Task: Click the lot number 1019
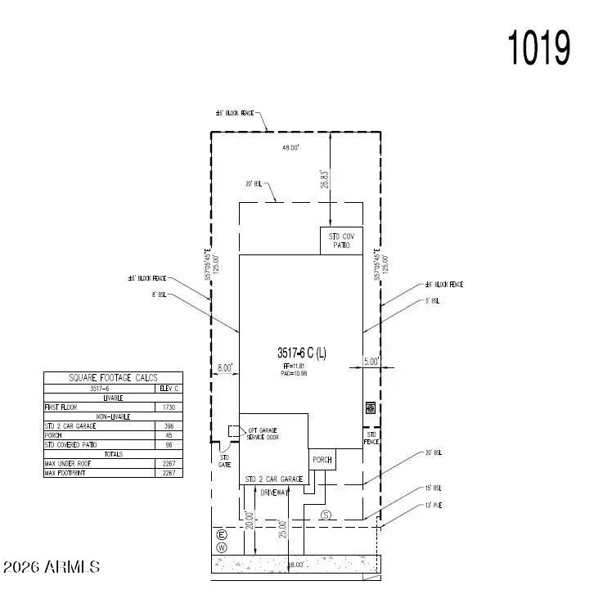(538, 48)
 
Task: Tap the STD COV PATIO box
(340, 241)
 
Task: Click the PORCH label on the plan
(322, 461)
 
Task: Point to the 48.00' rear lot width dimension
(290, 147)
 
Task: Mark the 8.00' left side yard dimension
(224, 368)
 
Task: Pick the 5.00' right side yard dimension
(371, 361)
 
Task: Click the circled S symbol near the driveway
(325, 515)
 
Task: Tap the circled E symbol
(222, 535)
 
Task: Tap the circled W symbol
(222, 547)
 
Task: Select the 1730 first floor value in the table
(169, 407)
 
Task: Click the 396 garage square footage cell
(169, 425)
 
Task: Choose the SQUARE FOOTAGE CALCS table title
(101, 378)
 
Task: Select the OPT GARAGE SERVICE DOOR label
(263, 434)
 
